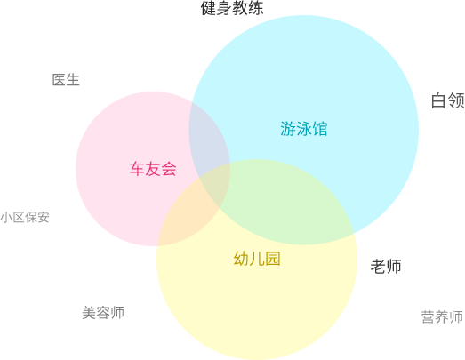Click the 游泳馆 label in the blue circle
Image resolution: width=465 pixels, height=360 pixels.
point(304,129)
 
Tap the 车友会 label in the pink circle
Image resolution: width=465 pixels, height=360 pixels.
point(153,169)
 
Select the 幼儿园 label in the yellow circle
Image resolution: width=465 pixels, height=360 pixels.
point(257,259)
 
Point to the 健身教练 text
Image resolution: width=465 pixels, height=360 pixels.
point(232,8)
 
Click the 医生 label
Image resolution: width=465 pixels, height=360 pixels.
point(66,80)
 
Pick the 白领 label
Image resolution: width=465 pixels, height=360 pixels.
point(448,100)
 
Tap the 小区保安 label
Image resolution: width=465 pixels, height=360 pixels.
point(25,218)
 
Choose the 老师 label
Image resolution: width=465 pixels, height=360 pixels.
point(386,266)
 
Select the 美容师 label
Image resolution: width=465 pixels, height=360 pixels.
point(103,313)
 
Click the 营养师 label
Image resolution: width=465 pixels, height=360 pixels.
point(442,316)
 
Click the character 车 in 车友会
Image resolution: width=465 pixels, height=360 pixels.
point(137,169)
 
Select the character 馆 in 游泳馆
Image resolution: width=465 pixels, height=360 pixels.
point(320,129)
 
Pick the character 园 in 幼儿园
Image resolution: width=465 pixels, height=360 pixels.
point(273,259)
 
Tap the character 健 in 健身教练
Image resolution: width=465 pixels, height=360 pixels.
point(208,8)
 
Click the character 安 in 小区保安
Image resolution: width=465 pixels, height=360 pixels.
point(44,218)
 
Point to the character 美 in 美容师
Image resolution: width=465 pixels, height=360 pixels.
point(89,313)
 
